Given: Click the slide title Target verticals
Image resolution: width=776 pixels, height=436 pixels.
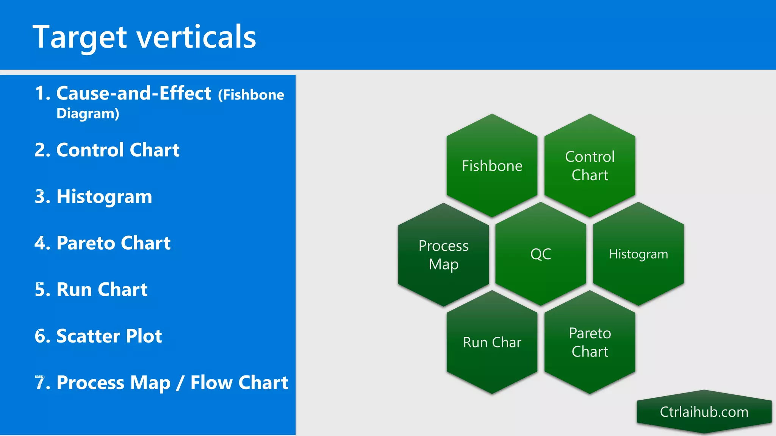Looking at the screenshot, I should click(x=144, y=37).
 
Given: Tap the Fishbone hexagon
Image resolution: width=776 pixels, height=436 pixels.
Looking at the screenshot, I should click(x=492, y=166).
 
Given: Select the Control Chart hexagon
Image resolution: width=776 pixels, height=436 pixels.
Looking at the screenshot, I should click(x=590, y=166).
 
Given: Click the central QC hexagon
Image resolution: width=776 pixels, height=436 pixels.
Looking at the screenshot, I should click(x=541, y=254).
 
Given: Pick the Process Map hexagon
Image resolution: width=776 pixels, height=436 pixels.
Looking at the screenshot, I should click(x=443, y=255).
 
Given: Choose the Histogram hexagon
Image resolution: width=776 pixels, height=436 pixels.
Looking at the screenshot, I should click(x=638, y=254).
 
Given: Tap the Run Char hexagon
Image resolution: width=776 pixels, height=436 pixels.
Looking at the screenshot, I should click(x=492, y=343).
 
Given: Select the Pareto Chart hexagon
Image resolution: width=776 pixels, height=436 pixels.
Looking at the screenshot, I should click(x=590, y=343).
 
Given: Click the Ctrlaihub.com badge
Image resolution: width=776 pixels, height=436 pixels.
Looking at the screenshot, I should click(x=704, y=412).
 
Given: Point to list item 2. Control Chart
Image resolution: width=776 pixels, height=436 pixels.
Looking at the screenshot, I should click(x=107, y=150).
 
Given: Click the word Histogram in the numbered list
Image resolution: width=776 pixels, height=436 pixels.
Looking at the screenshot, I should click(x=104, y=196).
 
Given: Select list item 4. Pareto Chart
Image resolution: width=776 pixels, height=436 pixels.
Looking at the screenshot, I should click(x=102, y=243).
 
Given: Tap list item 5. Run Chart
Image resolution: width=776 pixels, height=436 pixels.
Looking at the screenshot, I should click(x=91, y=290).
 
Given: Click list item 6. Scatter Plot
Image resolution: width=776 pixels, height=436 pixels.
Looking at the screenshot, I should click(x=98, y=336).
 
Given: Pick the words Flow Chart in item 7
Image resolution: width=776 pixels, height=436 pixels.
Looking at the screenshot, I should click(x=239, y=383).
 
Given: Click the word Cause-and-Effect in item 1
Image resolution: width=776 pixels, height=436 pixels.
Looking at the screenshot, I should click(x=133, y=93).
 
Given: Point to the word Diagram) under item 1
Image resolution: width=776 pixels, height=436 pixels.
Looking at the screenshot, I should click(x=88, y=114).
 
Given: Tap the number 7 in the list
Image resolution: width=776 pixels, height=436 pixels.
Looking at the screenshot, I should click(x=39, y=383).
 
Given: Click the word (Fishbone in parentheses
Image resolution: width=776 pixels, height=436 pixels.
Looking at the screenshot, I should click(x=251, y=95).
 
